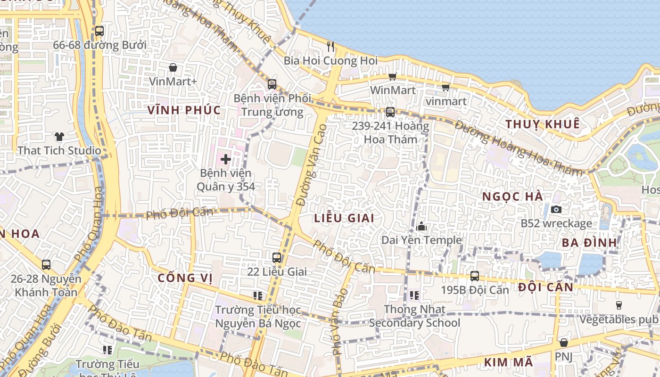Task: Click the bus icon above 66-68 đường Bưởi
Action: [x=99, y=31]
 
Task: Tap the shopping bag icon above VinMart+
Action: [x=173, y=67]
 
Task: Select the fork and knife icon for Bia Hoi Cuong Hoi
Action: [x=330, y=46]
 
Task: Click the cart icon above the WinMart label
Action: [x=392, y=76]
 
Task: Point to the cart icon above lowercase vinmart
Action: [x=445, y=87]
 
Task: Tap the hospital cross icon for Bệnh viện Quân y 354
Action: [x=226, y=159]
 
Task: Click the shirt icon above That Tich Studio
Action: [x=59, y=137]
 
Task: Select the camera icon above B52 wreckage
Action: [x=556, y=209]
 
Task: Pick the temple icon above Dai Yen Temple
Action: [x=421, y=227]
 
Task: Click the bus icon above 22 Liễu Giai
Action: [x=277, y=258]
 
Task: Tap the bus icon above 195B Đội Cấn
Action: [x=475, y=276]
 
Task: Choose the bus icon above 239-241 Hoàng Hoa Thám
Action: [x=390, y=112]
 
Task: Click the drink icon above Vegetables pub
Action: [x=619, y=305]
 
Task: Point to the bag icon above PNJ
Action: [x=563, y=343]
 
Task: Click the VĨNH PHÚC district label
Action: [x=184, y=110]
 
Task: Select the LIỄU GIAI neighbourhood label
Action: [x=344, y=218]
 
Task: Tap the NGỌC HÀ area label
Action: [x=513, y=197]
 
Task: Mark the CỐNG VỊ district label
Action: [x=185, y=278]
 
